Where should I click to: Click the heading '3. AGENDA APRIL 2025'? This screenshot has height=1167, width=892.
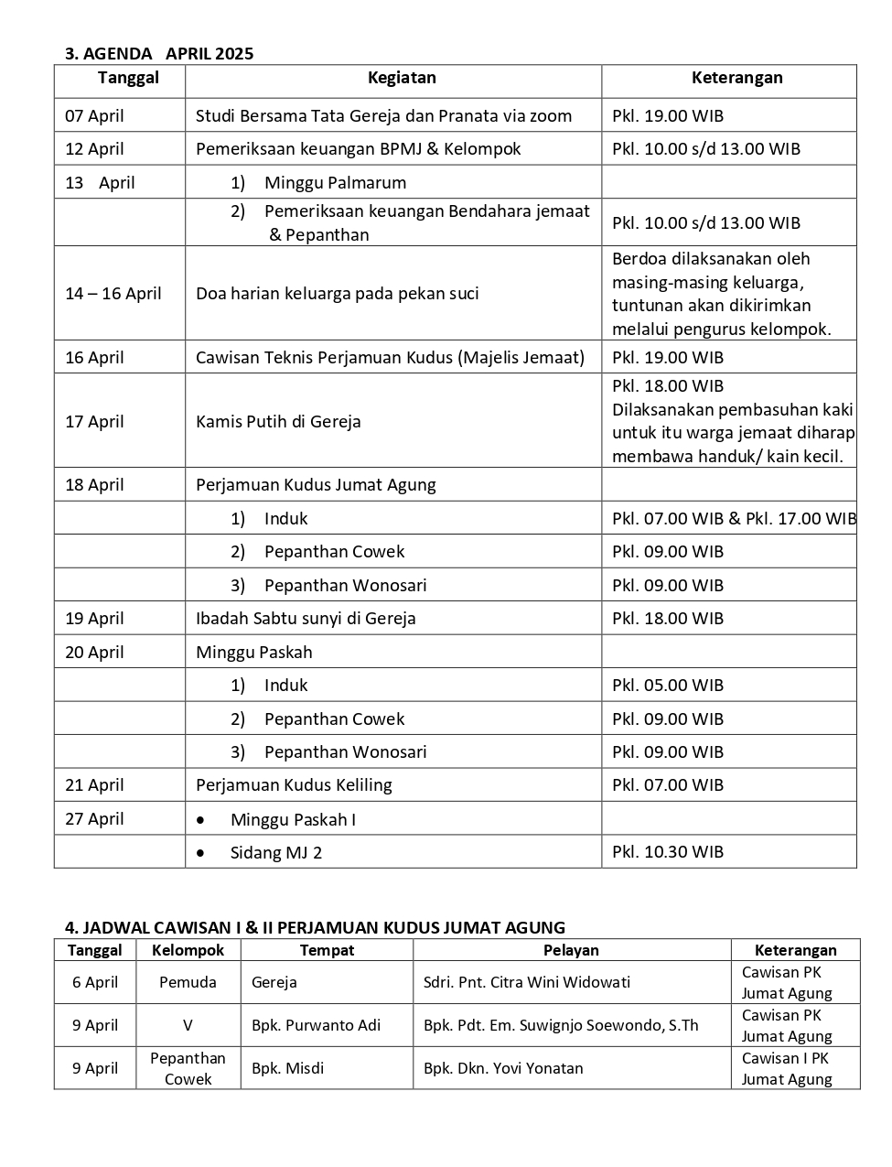159,53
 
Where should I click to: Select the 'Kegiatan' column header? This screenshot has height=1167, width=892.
402,78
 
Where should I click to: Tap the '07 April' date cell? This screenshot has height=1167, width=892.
94,116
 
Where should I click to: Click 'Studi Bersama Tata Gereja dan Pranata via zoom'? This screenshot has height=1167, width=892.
383,116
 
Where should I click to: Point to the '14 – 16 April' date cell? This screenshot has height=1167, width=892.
113,294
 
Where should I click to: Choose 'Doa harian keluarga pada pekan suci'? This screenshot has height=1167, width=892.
337,294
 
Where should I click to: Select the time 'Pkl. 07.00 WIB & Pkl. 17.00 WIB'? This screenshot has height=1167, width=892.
734,519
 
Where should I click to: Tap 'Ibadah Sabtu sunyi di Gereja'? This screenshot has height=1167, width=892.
306,619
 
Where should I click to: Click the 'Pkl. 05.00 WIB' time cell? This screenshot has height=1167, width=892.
667,686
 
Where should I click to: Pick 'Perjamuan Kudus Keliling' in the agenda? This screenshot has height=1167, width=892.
294,785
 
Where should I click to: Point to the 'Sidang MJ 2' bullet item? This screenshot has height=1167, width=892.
275,853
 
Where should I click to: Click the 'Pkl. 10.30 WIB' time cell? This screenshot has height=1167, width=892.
667,852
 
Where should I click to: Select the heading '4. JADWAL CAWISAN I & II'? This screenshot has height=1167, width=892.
315,927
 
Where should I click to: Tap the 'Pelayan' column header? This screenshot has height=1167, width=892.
571,950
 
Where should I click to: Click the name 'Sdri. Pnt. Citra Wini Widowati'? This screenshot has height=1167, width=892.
526,983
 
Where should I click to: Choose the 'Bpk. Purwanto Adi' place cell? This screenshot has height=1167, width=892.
316,1025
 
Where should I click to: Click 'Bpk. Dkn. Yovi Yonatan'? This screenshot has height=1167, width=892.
502,1068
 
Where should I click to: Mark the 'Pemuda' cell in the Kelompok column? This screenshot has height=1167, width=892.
188,983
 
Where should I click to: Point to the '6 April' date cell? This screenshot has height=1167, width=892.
95,983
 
